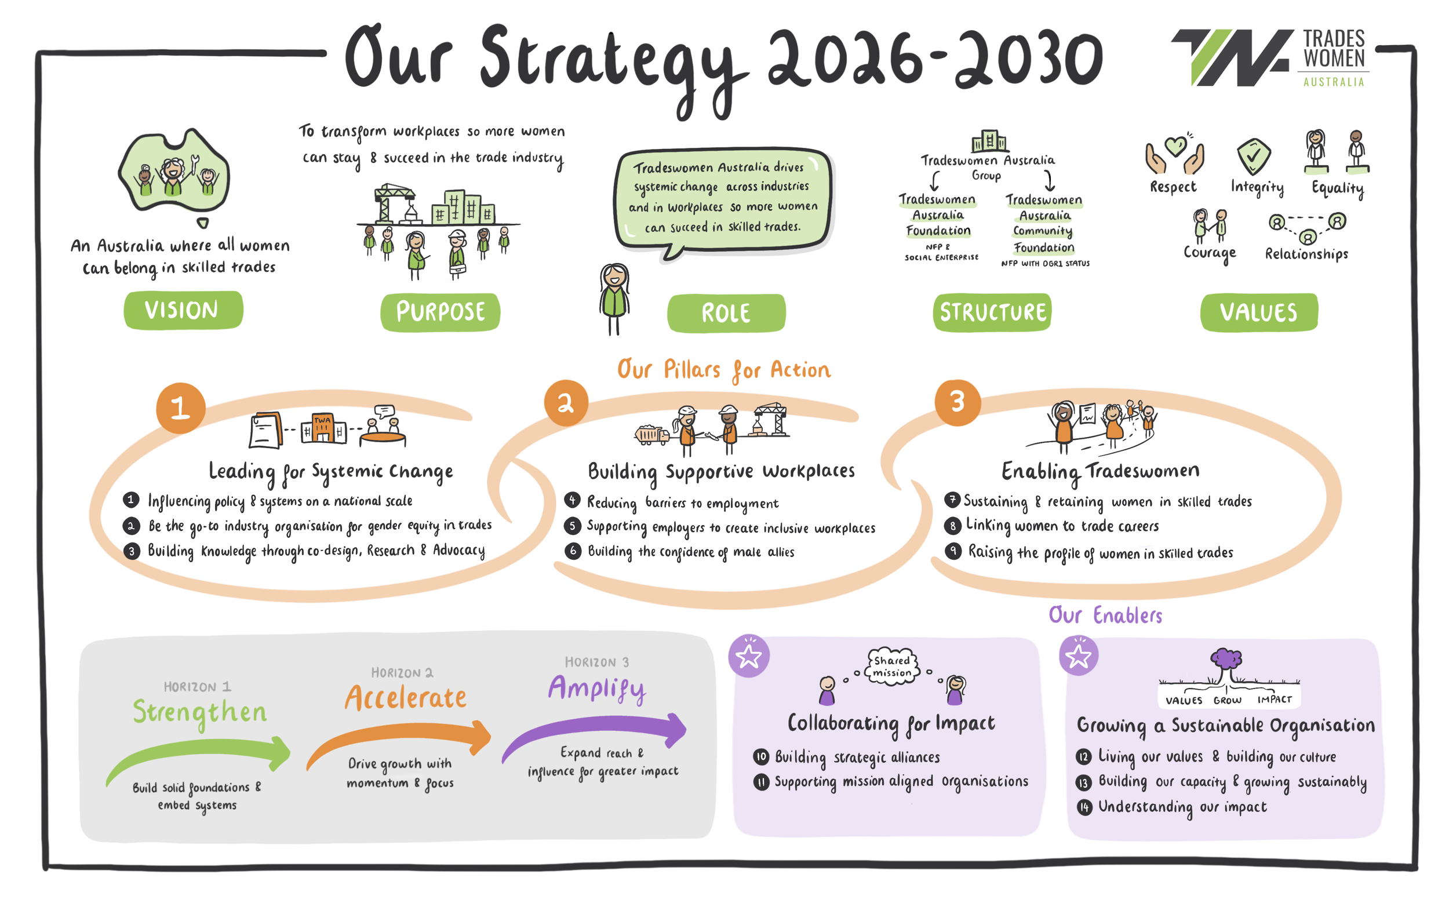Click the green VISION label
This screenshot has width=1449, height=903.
(183, 310)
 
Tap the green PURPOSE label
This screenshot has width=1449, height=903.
(440, 312)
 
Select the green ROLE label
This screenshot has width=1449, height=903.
(726, 313)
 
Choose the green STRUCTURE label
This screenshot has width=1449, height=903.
(992, 312)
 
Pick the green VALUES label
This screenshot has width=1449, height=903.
(1259, 312)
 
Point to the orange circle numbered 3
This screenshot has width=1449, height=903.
(958, 402)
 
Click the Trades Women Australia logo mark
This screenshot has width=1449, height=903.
(1232, 57)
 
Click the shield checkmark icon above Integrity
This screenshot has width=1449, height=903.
(1254, 156)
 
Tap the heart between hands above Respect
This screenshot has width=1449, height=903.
(1175, 152)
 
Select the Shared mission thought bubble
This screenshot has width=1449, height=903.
(892, 667)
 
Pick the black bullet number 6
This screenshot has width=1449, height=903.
(573, 551)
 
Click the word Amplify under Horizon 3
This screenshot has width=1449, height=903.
(596, 689)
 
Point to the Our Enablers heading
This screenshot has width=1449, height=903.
(1105, 615)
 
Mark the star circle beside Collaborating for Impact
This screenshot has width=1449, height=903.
(749, 656)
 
